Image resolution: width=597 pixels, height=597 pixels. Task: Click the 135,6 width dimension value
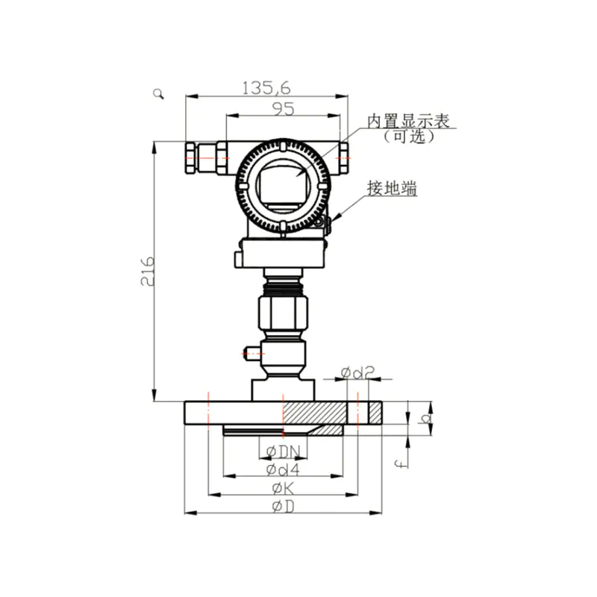tap(266, 88)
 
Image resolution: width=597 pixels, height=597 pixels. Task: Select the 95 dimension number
tap(284, 109)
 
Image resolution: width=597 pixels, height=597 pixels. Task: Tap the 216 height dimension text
tap(147, 271)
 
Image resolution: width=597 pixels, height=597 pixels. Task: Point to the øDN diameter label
tap(284, 452)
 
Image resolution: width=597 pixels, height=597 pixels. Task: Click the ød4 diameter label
tap(283, 470)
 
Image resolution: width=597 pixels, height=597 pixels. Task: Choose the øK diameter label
tap(284, 488)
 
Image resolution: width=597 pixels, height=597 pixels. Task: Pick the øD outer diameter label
tap(284, 507)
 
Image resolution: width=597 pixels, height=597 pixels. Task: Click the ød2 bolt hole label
tap(357, 372)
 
